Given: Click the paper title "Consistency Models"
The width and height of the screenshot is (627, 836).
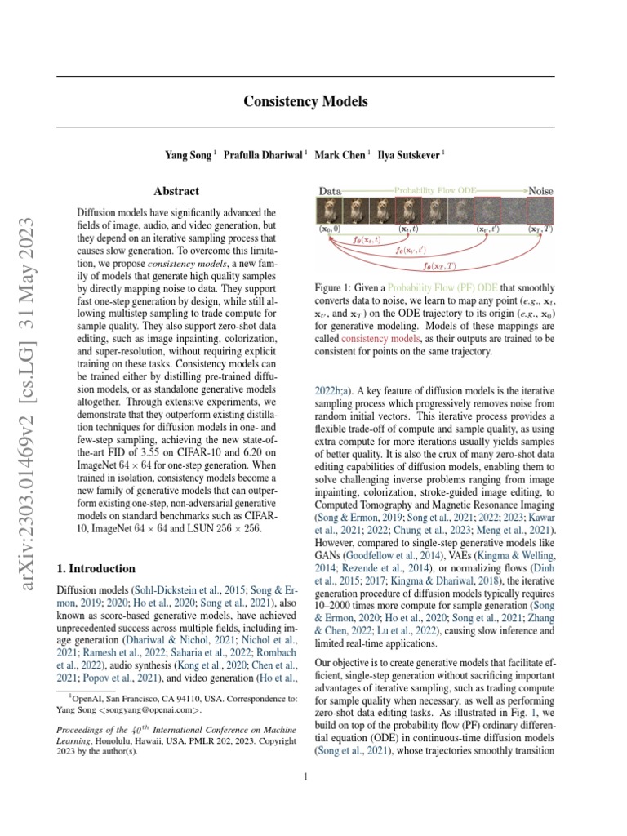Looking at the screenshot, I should [305, 102].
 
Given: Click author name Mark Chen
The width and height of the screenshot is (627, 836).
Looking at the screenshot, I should [340, 153].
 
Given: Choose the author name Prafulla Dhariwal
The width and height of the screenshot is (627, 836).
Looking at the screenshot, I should [263, 153].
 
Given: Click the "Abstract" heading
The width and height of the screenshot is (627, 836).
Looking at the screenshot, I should [177, 191].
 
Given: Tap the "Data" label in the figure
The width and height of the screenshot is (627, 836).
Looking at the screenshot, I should [330, 191].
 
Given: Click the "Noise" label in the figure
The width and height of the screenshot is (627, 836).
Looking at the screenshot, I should [540, 191].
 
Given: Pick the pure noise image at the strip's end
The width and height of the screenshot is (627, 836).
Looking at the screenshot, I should [540, 211].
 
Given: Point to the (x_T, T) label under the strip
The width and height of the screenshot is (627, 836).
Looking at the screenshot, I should [540, 230].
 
